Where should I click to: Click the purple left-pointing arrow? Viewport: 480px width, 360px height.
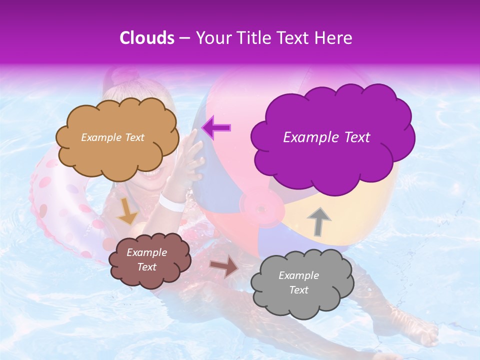tap(216, 128)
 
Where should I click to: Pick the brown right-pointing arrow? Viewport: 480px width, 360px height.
tap(224, 267)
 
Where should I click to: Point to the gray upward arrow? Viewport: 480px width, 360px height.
tap(318, 221)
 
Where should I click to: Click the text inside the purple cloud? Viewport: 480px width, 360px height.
tap(326, 137)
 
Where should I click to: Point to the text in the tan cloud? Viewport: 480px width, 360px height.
tap(112, 137)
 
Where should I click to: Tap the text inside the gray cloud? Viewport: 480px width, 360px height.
tap(298, 282)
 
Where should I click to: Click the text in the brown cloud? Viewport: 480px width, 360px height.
tap(146, 259)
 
